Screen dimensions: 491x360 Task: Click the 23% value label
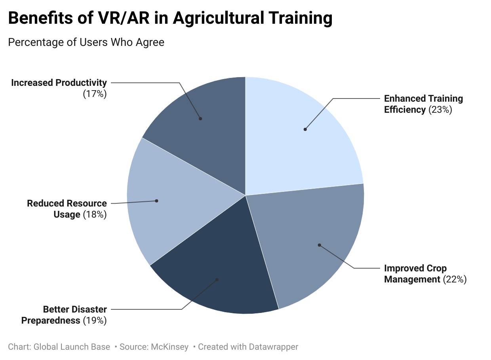(x=440, y=110)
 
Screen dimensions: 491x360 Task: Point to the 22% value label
(x=455, y=279)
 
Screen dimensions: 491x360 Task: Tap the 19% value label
(x=95, y=320)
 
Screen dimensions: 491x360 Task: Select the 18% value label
(x=95, y=214)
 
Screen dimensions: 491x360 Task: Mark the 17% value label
(x=95, y=94)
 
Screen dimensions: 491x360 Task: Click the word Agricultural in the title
(x=219, y=18)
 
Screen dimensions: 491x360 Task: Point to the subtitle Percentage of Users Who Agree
(x=86, y=42)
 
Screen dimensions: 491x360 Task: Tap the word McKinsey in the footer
(x=169, y=347)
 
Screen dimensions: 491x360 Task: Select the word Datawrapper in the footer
(x=273, y=347)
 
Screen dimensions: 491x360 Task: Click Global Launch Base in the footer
(x=72, y=347)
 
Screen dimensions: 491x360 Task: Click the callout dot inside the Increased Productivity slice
(x=200, y=119)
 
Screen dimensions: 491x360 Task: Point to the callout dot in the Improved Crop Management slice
(x=320, y=245)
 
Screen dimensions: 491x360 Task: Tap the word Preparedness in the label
(x=51, y=320)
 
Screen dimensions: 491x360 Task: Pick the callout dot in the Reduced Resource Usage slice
(x=156, y=201)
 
